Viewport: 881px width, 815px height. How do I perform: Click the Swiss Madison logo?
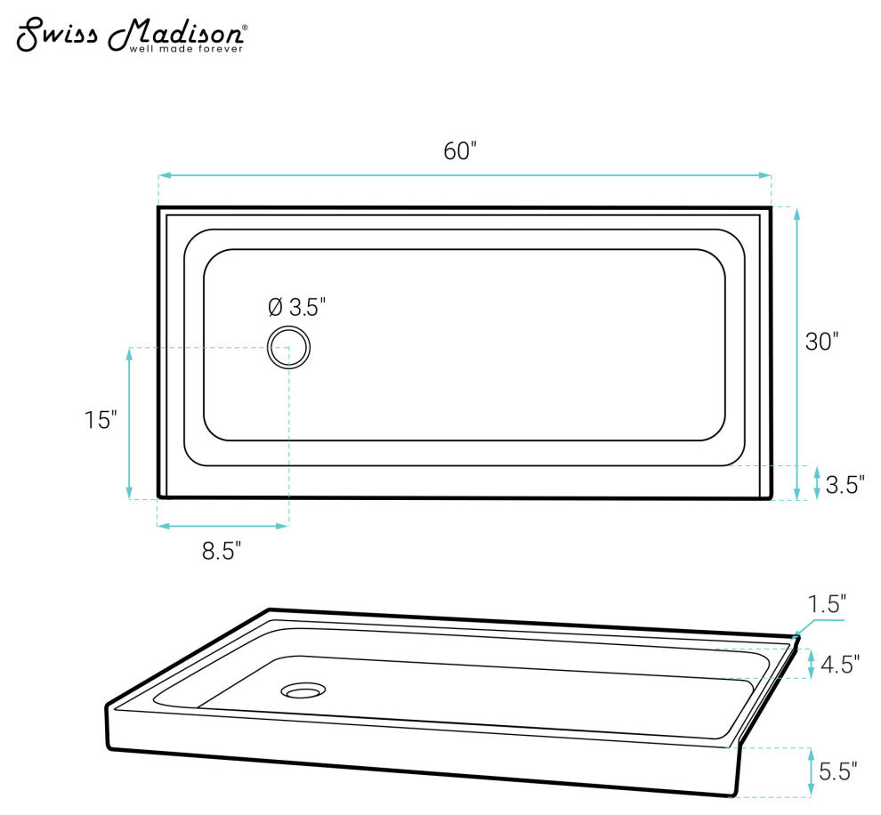point(131,34)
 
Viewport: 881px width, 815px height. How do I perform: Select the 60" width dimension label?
point(461,151)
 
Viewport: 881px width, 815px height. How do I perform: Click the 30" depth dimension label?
point(821,341)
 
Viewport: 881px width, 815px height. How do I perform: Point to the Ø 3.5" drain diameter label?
point(297,308)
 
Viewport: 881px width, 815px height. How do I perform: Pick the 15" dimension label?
point(101,420)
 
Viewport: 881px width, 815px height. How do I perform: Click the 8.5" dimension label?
point(222,552)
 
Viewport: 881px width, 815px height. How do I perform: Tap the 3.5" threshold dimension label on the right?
point(845,485)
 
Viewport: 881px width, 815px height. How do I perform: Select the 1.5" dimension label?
point(827,605)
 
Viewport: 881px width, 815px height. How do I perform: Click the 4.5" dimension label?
point(840,665)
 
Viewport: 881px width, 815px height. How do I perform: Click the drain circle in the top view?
point(289,347)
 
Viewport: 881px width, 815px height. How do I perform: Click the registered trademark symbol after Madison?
point(245,28)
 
